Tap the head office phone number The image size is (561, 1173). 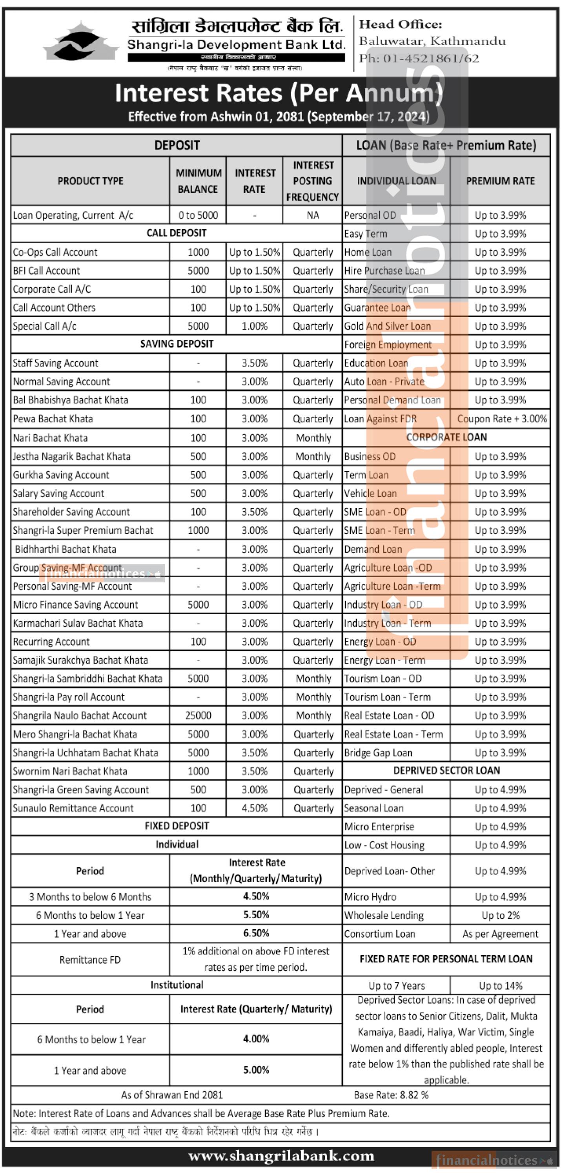coord(419,58)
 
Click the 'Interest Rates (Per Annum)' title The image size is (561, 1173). coord(278,93)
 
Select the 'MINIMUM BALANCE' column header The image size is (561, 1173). coord(198,181)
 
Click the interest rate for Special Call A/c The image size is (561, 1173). coord(254,326)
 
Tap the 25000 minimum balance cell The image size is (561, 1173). coord(198,715)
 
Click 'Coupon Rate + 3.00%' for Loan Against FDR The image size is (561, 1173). coord(502,418)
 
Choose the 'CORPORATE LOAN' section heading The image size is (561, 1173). coord(446,437)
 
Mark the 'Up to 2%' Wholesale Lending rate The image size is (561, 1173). coord(501,915)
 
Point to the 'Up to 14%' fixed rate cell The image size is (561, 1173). coord(501,986)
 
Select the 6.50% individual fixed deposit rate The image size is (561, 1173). coord(256,934)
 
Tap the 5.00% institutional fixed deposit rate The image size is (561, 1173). coord(256,1070)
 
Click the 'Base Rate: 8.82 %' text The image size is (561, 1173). coord(391,1095)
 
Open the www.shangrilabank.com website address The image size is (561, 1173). coord(281,1156)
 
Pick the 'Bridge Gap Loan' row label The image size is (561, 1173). coord(378,753)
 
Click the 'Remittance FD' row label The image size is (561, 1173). coord(90,960)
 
